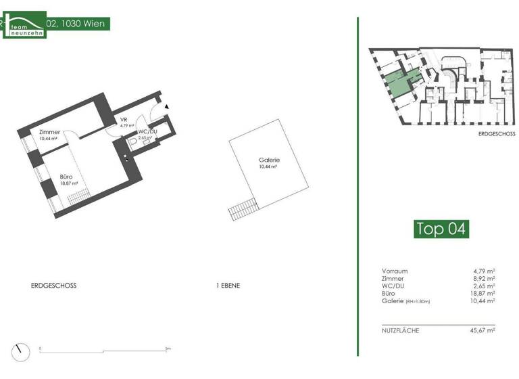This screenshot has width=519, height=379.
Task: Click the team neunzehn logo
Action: click(24, 25)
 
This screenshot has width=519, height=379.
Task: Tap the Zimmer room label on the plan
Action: click(49, 133)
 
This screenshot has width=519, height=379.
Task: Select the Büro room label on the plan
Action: click(66, 177)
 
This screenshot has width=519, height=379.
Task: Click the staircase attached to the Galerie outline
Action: click(242, 203)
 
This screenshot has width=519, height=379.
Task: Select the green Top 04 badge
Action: click(441, 229)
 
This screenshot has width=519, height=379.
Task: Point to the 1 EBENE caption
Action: click(228, 286)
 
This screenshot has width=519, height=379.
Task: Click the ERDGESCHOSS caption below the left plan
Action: click(54, 286)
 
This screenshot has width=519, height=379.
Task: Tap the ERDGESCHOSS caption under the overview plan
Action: click(496, 134)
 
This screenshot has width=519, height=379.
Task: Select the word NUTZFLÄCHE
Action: click(401, 330)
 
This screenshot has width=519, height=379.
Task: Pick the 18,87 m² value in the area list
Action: click(484, 294)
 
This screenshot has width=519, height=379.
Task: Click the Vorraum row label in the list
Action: click(395, 271)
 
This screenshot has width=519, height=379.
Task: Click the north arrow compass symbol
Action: click(24, 351)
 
